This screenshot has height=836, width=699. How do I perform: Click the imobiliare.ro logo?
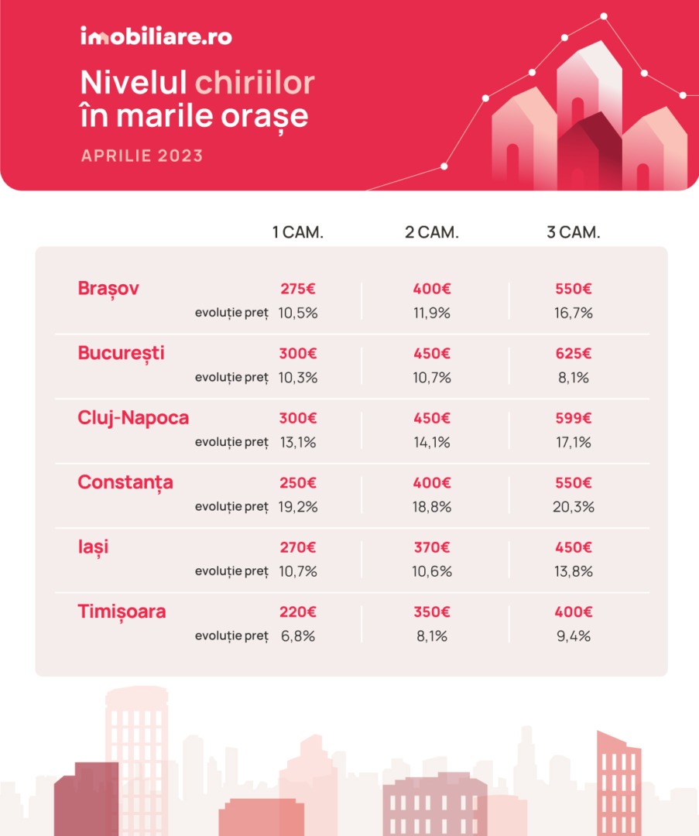click(x=156, y=36)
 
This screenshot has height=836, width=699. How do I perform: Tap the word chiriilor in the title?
click(x=255, y=83)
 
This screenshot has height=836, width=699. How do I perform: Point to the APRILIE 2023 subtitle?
click(x=142, y=156)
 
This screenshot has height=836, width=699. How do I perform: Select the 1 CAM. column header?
click(x=297, y=232)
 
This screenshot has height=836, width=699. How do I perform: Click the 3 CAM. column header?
click(x=573, y=232)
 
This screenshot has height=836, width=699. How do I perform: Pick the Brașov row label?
click(x=108, y=289)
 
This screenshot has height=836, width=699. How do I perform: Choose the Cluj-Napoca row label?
click(x=133, y=418)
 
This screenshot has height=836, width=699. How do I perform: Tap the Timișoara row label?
click(x=122, y=612)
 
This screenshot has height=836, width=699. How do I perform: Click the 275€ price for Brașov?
click(x=298, y=289)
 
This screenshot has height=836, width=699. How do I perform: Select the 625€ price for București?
click(x=573, y=353)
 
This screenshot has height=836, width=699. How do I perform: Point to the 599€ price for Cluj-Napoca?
click(x=573, y=418)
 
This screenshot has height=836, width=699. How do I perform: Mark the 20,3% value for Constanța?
click(x=573, y=506)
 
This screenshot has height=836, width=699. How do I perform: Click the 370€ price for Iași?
click(x=432, y=547)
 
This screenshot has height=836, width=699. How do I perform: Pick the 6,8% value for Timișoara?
click(x=298, y=636)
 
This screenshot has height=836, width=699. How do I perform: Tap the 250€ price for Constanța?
click(x=298, y=482)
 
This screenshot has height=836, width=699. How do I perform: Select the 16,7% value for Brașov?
click(x=573, y=313)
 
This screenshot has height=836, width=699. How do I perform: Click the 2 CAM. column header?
click(x=432, y=232)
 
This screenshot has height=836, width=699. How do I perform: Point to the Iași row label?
click(x=94, y=547)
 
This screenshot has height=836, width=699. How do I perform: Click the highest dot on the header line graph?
click(x=604, y=16)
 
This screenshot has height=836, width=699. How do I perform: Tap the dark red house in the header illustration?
click(x=592, y=155)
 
